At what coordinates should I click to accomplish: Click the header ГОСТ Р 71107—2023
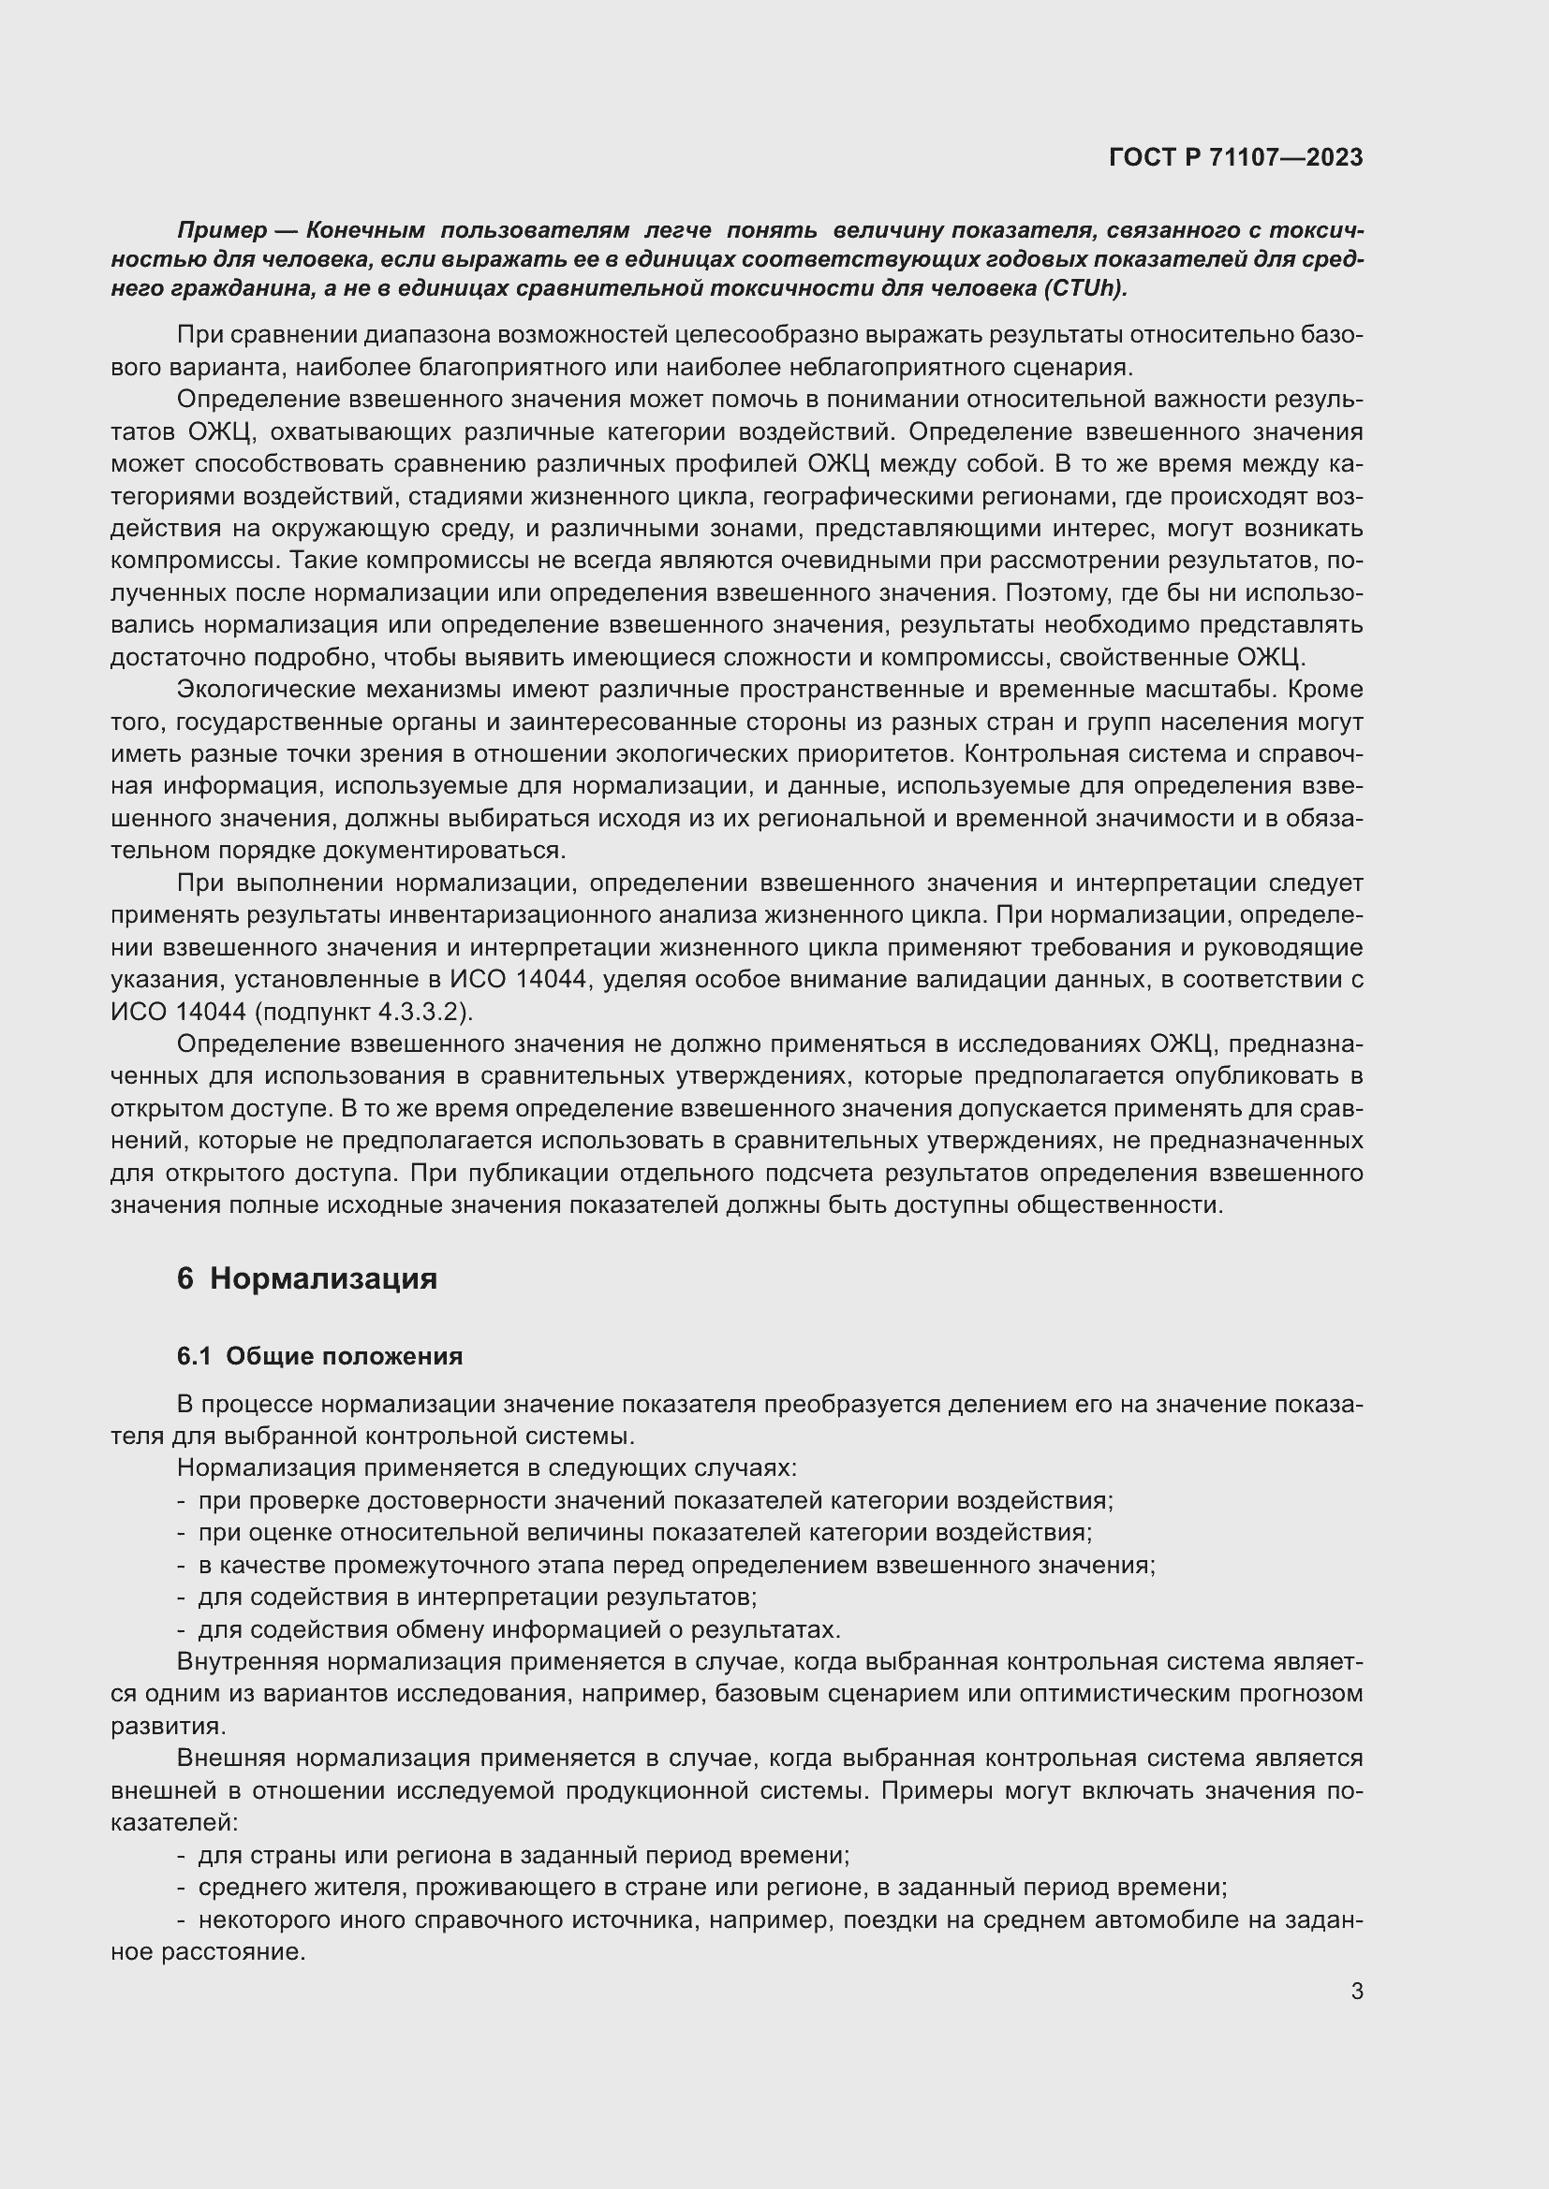[1235, 158]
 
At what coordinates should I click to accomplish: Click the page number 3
[1356, 1991]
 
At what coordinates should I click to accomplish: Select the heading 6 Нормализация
[306, 1278]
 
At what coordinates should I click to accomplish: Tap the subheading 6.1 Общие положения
[319, 1356]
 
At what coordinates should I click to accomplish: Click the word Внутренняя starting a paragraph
[246, 1662]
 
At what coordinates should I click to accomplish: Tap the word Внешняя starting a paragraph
[233, 1758]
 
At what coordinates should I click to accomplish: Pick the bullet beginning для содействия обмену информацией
[518, 1629]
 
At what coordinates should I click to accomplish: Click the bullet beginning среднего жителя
[712, 1887]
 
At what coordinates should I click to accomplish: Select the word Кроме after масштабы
[1329, 690]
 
